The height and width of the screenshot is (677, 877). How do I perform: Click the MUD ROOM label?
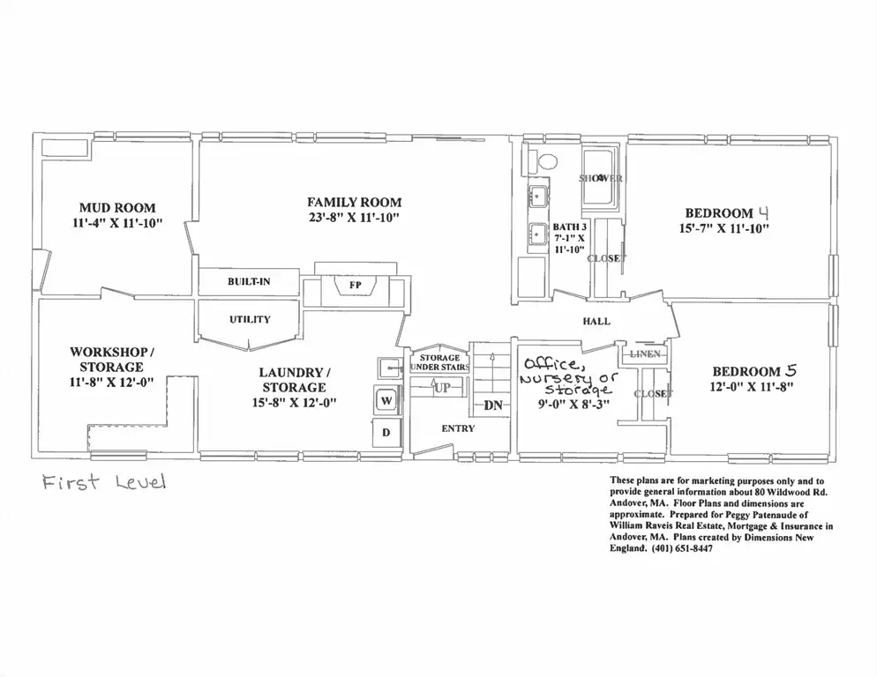117,208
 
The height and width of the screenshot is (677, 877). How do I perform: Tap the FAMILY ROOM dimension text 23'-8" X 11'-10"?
354,218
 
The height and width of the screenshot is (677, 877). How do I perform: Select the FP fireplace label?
356,285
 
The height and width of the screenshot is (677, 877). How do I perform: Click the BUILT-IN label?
249,281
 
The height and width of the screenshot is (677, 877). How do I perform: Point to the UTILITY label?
250,319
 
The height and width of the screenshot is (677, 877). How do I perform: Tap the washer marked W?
386,400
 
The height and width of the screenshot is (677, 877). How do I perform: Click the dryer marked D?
386,432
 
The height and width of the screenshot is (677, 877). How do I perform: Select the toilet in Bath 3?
542,162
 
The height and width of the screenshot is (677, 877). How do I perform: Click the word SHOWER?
601,178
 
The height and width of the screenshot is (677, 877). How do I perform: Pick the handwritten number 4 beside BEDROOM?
763,212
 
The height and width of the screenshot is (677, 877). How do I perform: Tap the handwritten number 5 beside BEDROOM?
791,370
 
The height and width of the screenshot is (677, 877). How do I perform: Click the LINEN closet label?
646,353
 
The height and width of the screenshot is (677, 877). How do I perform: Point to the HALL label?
596,322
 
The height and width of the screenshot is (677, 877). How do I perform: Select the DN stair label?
493,405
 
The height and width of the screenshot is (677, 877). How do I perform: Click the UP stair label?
442,388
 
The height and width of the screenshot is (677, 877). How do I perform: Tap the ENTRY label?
458,428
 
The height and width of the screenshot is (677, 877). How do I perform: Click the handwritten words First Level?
104,481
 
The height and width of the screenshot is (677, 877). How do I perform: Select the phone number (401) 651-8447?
682,548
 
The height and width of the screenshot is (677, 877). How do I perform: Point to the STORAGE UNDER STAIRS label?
439,362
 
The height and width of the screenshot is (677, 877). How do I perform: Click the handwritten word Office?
551,365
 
